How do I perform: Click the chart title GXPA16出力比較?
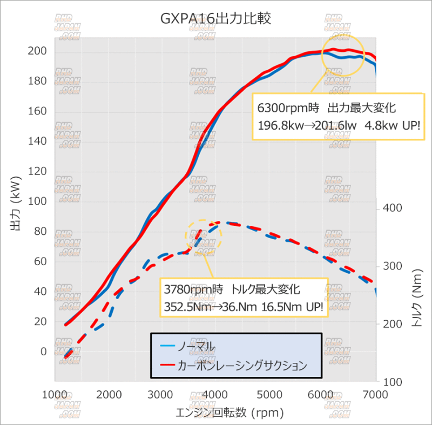(x=215, y=19)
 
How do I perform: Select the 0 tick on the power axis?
(x=43, y=352)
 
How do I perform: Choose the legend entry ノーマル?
(x=197, y=346)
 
